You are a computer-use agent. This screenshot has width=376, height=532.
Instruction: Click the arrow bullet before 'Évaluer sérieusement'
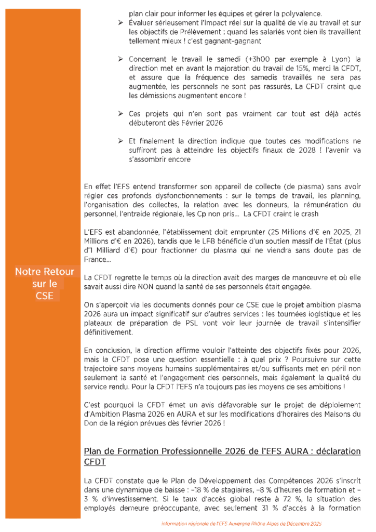click(x=120, y=23)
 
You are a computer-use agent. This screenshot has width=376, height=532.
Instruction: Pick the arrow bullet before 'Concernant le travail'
click(x=120, y=59)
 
